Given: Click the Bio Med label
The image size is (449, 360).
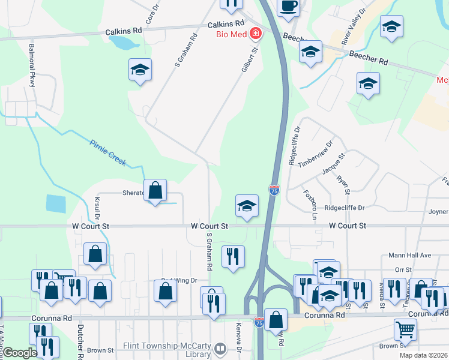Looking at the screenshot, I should click(x=232, y=34).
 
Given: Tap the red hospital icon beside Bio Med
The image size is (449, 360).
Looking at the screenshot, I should click(x=256, y=33).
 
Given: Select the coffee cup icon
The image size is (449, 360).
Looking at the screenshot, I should click(x=288, y=5).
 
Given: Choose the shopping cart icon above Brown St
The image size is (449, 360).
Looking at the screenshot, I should click(x=405, y=329).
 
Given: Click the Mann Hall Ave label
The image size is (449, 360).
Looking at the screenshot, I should click(x=410, y=256).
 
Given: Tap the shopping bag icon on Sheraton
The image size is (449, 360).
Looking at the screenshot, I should click(x=155, y=191).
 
